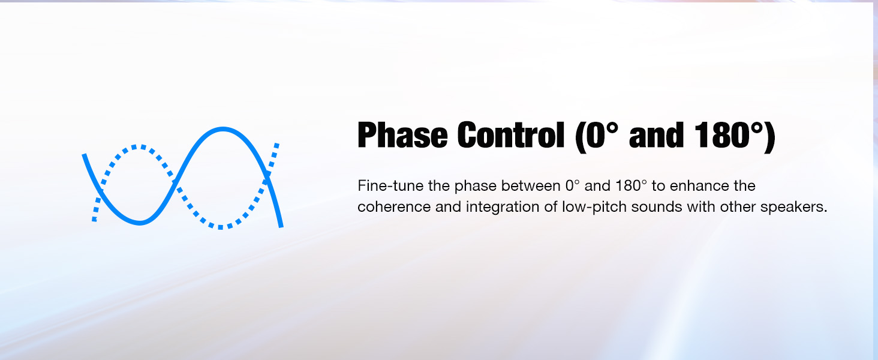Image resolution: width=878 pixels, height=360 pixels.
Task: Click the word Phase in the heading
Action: coord(402,135)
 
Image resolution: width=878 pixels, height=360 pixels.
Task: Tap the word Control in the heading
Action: coord(511,134)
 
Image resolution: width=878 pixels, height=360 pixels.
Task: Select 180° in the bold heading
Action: coord(729,135)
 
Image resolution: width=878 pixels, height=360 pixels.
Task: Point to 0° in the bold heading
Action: coord(600,135)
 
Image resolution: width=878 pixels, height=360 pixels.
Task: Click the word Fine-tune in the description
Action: coord(390,185)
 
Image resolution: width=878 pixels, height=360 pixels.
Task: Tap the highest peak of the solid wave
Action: coord(222,129)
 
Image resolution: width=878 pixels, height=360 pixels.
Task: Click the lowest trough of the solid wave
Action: coord(140,223)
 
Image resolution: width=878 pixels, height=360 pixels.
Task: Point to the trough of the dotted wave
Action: coord(220,227)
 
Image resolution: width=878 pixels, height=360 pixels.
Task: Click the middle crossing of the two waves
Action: coord(175,183)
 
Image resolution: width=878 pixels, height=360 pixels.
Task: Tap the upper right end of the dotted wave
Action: coord(276,145)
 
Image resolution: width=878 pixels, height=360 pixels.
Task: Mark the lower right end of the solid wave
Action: coord(281,226)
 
